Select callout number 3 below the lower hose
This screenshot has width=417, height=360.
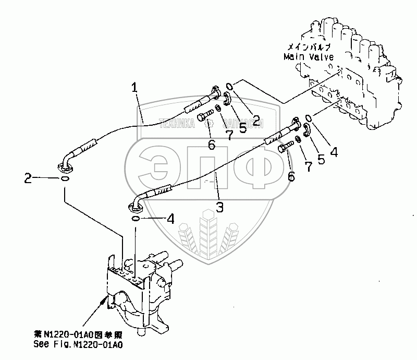click(x=220, y=207)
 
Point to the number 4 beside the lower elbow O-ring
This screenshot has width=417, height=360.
click(x=169, y=220)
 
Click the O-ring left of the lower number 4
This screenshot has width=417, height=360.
click(x=135, y=219)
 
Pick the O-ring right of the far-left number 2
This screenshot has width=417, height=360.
click(x=63, y=178)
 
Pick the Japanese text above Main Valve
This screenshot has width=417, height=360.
click(x=310, y=47)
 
